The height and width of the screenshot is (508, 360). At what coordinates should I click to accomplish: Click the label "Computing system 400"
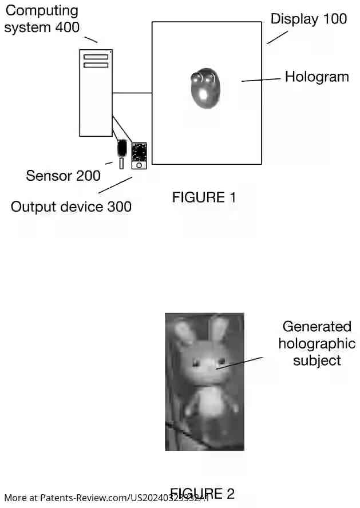coord(42,18)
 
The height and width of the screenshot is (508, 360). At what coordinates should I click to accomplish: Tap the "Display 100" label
coord(308,19)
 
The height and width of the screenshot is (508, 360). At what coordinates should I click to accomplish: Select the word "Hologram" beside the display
coord(317,77)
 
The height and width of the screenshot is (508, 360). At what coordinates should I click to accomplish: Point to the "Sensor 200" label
coord(63,176)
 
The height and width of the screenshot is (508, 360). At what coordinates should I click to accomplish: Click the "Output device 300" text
coord(71,207)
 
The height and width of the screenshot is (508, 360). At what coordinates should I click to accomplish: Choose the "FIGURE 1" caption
coord(204,197)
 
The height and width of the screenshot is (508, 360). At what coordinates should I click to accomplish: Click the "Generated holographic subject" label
coord(317,343)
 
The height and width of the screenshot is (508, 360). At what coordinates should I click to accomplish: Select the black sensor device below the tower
coord(122,148)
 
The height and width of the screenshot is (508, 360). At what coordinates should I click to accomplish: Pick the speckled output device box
coord(139,153)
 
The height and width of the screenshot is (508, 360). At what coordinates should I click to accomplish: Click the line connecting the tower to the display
coord(132,93)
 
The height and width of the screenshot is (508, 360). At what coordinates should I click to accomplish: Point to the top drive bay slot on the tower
coord(96,57)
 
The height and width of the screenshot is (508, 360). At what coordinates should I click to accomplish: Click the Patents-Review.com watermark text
coord(86,498)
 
